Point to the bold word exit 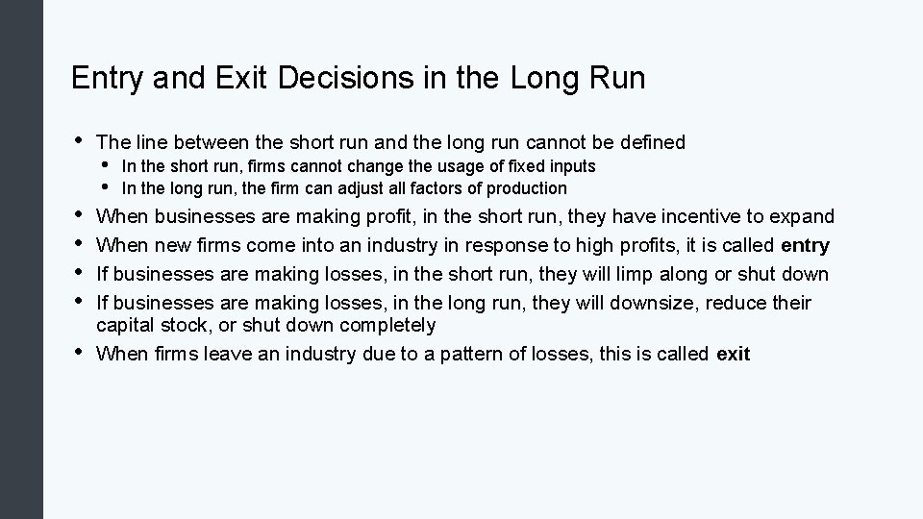tap(733, 355)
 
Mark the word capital tap(130, 325)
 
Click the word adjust tap(352, 188)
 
